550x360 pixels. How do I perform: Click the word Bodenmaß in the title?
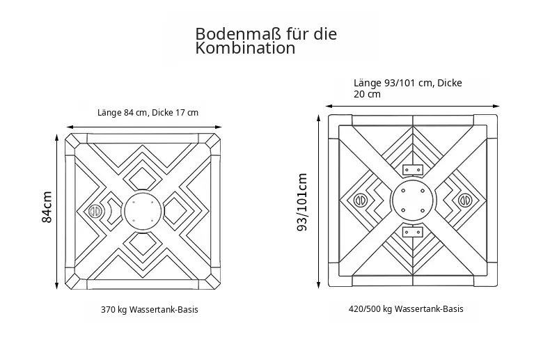(x=238, y=34)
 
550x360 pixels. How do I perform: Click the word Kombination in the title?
(x=245, y=48)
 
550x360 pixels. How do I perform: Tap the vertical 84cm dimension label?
(x=47, y=207)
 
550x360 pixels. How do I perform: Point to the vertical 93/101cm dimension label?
(x=302, y=202)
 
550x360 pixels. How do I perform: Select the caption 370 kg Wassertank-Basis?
(x=150, y=310)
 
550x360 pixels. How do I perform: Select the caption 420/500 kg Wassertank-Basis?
(x=406, y=309)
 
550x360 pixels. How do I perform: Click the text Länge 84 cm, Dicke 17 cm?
(x=148, y=113)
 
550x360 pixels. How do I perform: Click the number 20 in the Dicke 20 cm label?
(x=359, y=94)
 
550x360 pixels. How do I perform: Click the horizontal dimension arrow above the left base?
(x=144, y=127)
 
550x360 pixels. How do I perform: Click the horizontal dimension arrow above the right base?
(x=412, y=106)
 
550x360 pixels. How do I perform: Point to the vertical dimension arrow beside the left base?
(x=56, y=211)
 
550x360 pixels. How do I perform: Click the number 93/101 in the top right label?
(x=400, y=83)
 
